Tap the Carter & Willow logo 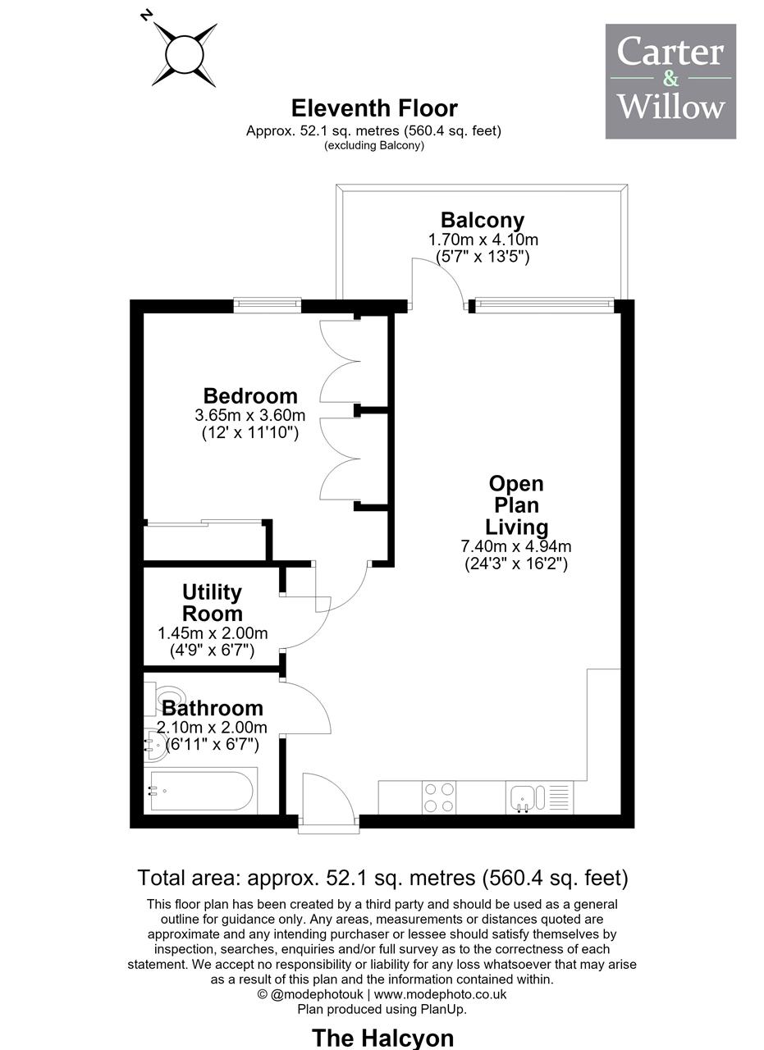[x=670, y=81]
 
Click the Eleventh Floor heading [x=373, y=108]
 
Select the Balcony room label [x=483, y=221]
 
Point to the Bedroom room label [x=250, y=396]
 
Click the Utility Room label [x=212, y=603]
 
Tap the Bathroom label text [x=212, y=708]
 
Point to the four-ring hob [x=438, y=798]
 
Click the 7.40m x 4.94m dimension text [x=516, y=546]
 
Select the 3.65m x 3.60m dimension [x=250, y=415]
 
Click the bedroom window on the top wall [x=267, y=304]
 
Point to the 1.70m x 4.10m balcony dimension [x=483, y=240]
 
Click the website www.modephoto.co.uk [x=440, y=994]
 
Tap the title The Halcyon [x=382, y=1038]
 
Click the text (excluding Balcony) [x=373, y=145]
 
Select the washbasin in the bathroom [x=155, y=745]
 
